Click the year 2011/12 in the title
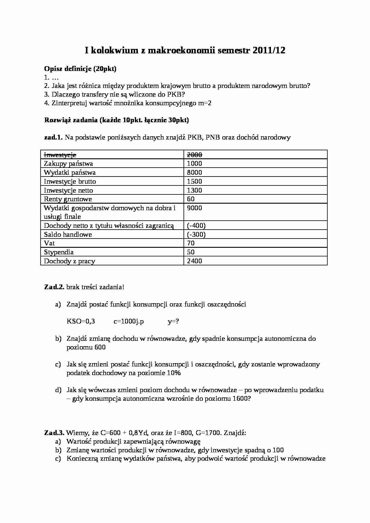pyautogui.click(x=269, y=51)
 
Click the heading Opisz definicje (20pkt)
pyautogui.click(x=80, y=69)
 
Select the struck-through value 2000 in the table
pyautogui.click(x=194, y=154)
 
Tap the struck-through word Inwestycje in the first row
pyautogui.click(x=60, y=154)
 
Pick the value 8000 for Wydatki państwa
pyautogui.click(x=194, y=172)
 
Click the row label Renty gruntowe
pyautogui.click(x=68, y=199)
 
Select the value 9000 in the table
pyautogui.click(x=194, y=208)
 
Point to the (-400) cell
pyautogui.click(x=196, y=225)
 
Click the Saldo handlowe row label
pyautogui.click(x=68, y=234)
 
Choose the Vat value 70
pyautogui.click(x=191, y=243)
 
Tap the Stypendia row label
pyautogui.click(x=58, y=252)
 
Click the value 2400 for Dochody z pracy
pyautogui.click(x=194, y=261)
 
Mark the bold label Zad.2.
pyautogui.click(x=54, y=287)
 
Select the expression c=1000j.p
pyautogui.click(x=129, y=321)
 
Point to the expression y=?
pyautogui.click(x=173, y=321)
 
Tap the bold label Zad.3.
pyautogui.click(x=54, y=433)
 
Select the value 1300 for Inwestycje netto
pyautogui.click(x=194, y=190)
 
